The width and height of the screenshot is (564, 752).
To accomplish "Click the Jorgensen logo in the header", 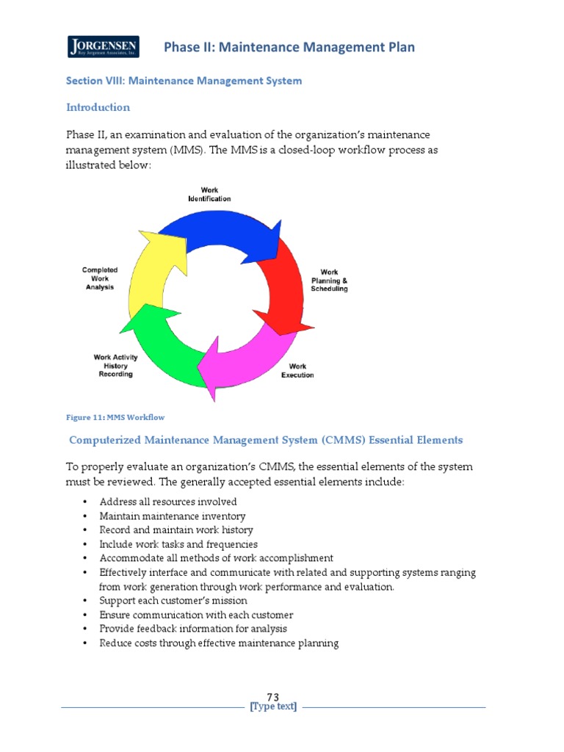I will click(x=103, y=47).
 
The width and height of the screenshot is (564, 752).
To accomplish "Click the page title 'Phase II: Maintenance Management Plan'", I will click(x=289, y=48).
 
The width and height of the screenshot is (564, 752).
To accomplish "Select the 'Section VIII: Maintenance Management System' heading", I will click(x=184, y=81).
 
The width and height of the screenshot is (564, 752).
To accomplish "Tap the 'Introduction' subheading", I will click(x=98, y=107).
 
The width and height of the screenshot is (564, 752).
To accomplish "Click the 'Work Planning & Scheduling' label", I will click(x=329, y=281).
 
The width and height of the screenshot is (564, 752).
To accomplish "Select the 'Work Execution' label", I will click(x=297, y=371).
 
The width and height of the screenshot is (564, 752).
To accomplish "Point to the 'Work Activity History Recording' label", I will click(x=115, y=366).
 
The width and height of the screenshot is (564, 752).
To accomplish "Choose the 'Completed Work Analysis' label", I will click(x=99, y=278).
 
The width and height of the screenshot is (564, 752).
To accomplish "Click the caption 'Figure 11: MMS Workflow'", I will click(x=115, y=417).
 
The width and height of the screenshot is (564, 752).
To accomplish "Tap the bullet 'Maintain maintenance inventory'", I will click(x=173, y=516).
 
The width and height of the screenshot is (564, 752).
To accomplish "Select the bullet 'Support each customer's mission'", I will click(x=173, y=601).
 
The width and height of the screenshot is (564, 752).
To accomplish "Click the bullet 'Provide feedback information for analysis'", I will click(x=193, y=629).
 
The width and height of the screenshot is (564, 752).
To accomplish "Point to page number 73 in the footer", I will click(x=273, y=697).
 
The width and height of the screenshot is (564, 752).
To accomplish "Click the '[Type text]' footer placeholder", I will click(x=273, y=707).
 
